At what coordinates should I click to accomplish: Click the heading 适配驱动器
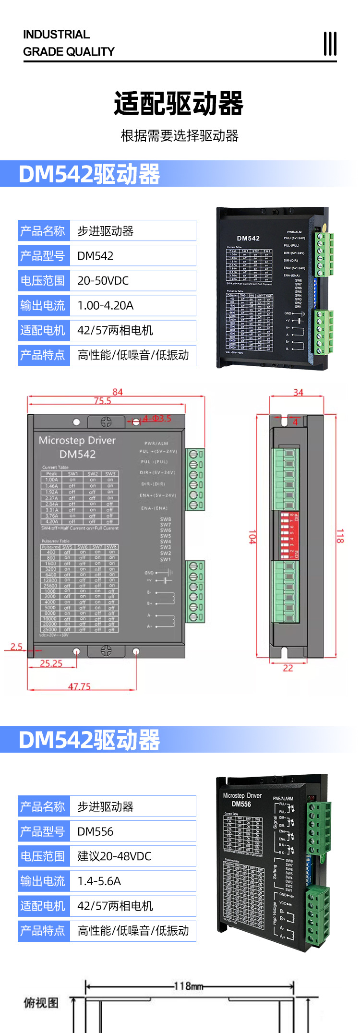click(179, 104)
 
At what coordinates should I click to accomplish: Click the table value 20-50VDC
click(103, 281)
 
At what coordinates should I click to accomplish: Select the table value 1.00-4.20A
click(105, 306)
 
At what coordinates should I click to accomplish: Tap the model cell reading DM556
click(95, 832)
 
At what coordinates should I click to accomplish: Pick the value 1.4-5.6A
click(99, 881)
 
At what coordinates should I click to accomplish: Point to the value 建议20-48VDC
click(114, 856)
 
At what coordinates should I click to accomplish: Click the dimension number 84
click(118, 392)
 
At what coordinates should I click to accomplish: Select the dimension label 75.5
click(102, 401)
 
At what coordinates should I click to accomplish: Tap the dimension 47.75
click(79, 686)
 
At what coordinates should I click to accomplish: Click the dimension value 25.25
click(51, 663)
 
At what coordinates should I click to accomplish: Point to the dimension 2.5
click(16, 647)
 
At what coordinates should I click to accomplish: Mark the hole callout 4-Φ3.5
click(156, 419)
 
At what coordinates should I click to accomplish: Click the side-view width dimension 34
click(298, 393)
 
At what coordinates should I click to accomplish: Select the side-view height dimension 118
click(340, 536)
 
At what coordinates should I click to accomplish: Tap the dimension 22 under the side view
click(288, 668)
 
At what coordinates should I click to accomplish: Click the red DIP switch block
click(289, 535)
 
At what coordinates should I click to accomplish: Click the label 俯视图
click(41, 1003)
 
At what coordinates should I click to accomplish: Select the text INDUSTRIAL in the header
click(56, 35)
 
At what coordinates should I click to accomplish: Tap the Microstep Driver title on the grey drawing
click(77, 440)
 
